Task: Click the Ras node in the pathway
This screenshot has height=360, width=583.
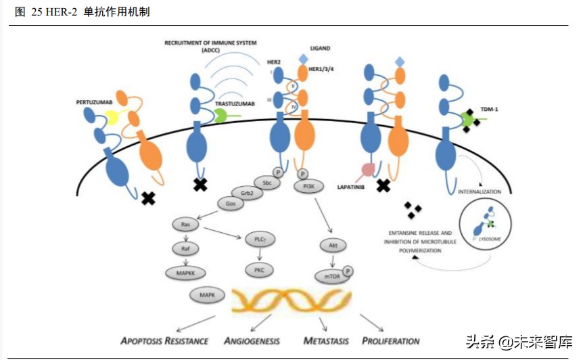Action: (x=185, y=223)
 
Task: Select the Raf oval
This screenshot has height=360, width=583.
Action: (x=185, y=248)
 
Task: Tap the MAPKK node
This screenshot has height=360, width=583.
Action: (x=185, y=272)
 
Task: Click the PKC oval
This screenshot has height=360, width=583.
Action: (x=259, y=270)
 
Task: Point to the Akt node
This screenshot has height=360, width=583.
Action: (x=333, y=246)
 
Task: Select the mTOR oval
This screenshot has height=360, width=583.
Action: (x=331, y=276)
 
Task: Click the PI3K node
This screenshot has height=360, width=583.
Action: (x=308, y=185)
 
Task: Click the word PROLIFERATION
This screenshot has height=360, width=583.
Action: (x=391, y=340)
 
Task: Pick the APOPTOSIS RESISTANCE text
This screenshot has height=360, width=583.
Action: (x=164, y=340)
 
